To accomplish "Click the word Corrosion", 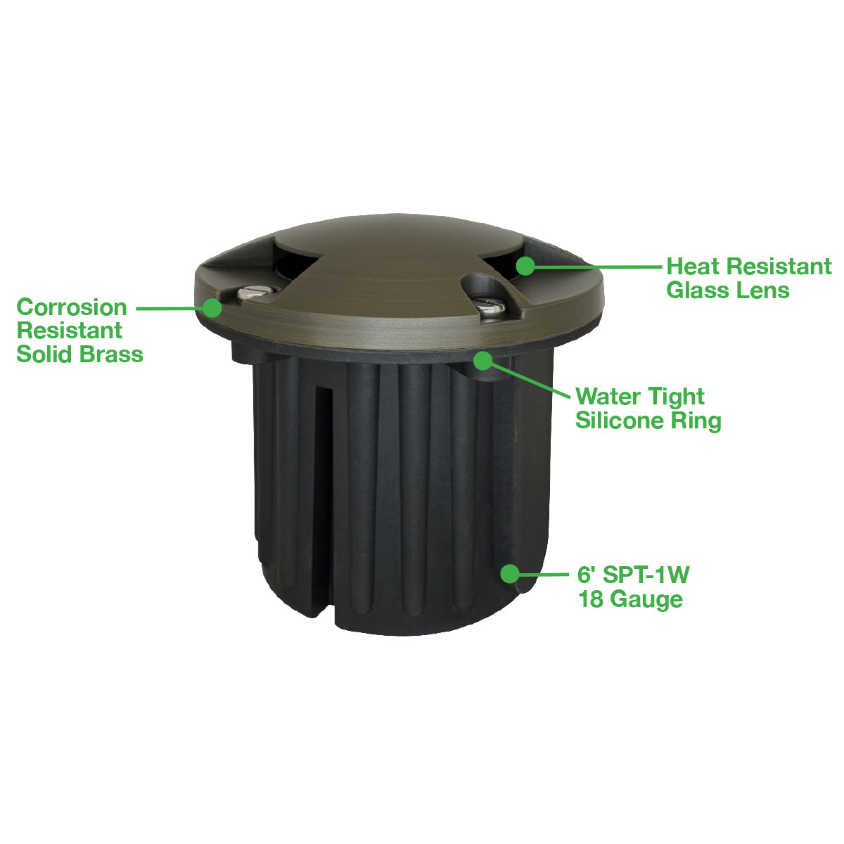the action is coord(72,307).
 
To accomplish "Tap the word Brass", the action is coord(112,354).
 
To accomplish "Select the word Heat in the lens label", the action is coord(693,266).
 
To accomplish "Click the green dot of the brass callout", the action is coord(213,308).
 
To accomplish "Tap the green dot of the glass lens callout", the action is coord(525,266).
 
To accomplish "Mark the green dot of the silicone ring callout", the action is coord(483,361).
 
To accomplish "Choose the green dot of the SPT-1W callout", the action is coord(510,574).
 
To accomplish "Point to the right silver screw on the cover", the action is coord(490,307).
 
